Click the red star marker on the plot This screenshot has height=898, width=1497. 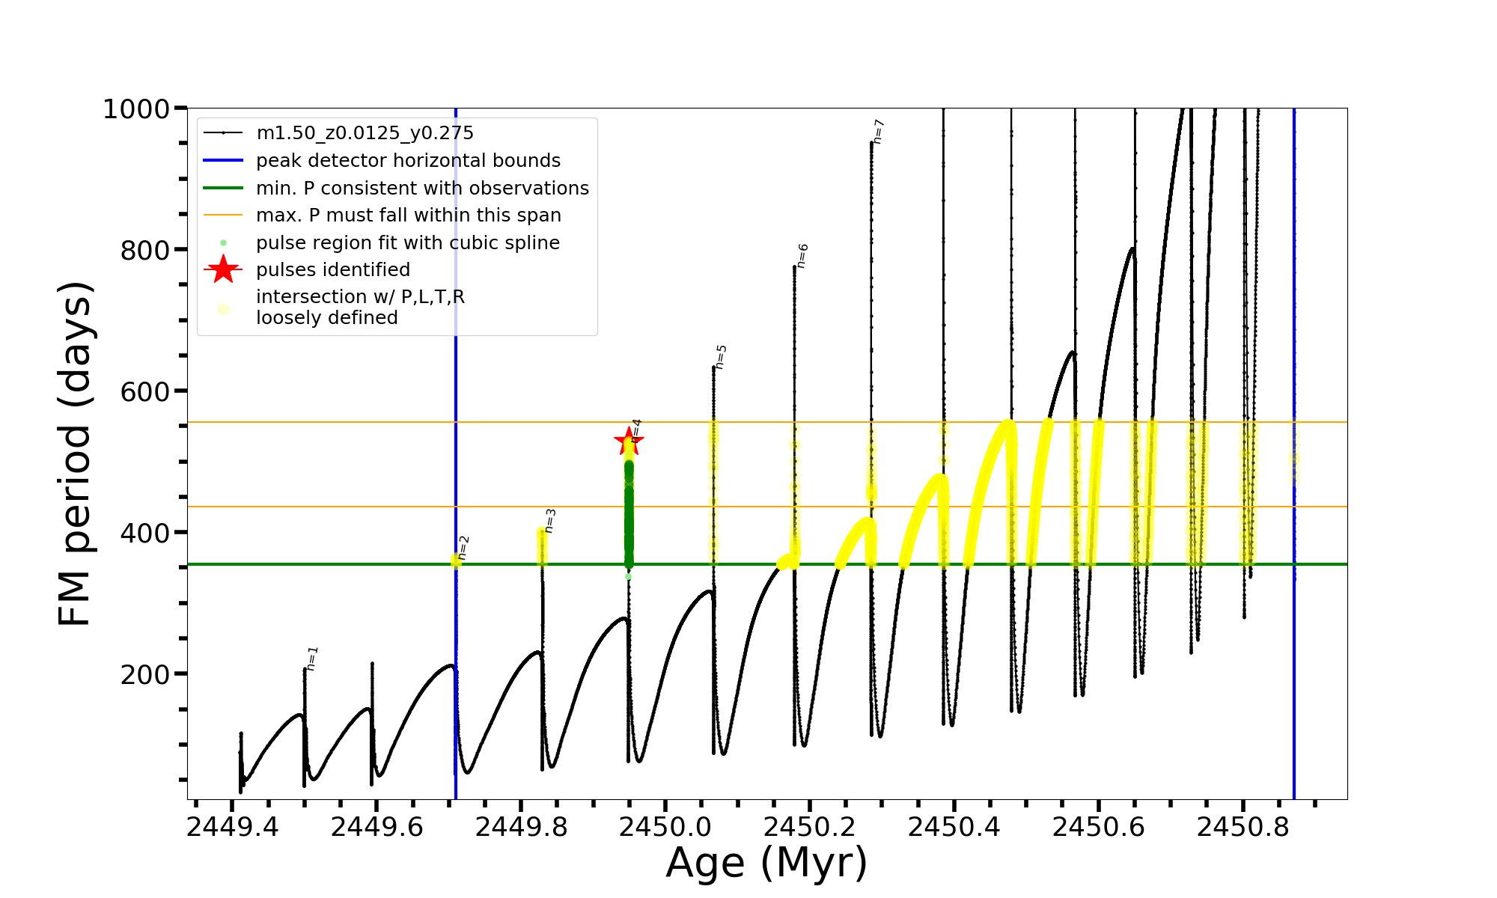click(x=628, y=441)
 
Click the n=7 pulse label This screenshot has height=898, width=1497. click(x=879, y=131)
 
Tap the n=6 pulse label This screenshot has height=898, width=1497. click(x=802, y=255)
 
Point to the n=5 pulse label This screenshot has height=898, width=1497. click(x=720, y=357)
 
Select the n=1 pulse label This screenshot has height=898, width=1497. click(x=312, y=658)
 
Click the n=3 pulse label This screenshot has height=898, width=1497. click(x=549, y=521)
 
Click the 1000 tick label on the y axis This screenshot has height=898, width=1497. click(x=136, y=109)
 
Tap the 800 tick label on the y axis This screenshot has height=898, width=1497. click(x=145, y=251)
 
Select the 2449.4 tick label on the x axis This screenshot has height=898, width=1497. click(x=232, y=827)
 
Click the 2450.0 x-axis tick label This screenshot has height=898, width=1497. click(x=665, y=827)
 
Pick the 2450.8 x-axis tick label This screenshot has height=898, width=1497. click(x=1243, y=827)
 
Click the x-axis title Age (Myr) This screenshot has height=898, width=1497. click(x=766, y=863)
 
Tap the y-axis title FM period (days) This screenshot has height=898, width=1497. click(x=75, y=453)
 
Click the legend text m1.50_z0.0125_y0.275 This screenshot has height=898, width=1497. click(x=365, y=133)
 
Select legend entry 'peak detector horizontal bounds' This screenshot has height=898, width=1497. click(x=408, y=161)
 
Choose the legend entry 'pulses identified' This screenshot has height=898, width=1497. click(x=333, y=270)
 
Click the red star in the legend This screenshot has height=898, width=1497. click(x=223, y=269)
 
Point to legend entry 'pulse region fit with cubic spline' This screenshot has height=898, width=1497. click(x=408, y=243)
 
